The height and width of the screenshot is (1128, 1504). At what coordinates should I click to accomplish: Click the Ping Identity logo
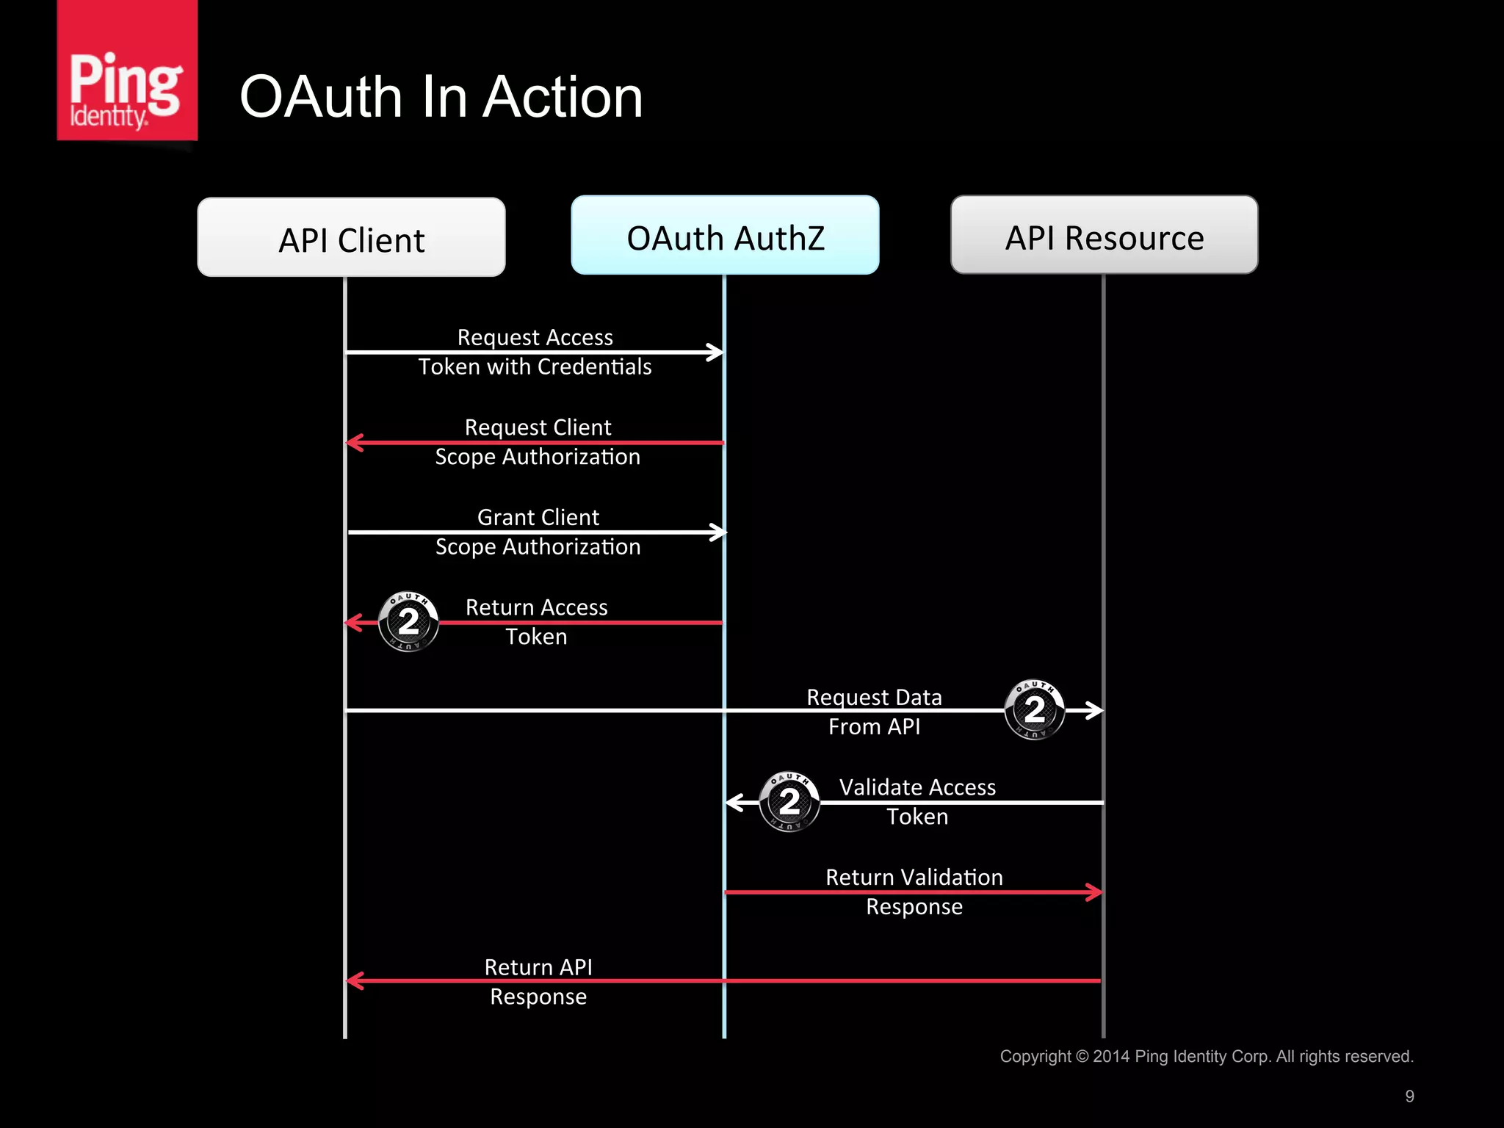(x=126, y=70)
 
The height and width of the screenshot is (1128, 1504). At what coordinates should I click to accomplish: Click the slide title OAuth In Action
(x=441, y=97)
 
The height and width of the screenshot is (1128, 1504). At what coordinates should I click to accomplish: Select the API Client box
(x=351, y=238)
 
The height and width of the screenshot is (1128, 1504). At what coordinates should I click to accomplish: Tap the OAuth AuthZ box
(x=725, y=236)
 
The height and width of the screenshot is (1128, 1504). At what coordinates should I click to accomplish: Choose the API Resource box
(x=1104, y=236)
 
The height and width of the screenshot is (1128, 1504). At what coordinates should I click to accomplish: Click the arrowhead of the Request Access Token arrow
(x=716, y=352)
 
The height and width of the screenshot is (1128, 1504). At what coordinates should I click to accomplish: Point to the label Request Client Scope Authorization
(x=538, y=442)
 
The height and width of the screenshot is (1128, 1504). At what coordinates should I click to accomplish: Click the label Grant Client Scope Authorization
(x=538, y=532)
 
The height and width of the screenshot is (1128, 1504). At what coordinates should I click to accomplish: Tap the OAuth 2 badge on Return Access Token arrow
(x=408, y=622)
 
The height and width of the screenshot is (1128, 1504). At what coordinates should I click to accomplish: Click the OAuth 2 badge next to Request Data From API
(x=1034, y=709)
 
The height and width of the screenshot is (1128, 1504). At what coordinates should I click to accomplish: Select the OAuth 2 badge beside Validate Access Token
(x=789, y=801)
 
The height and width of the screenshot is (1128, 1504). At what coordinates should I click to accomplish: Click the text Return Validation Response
(x=914, y=892)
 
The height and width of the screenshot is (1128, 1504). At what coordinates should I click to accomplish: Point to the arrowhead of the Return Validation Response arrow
(x=1095, y=892)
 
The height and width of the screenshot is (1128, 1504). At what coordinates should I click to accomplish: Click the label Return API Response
(x=538, y=982)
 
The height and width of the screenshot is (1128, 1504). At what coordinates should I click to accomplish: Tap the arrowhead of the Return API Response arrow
(x=354, y=981)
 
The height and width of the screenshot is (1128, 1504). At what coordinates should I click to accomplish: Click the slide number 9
(x=1409, y=1096)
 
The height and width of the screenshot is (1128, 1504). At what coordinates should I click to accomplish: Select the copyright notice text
(x=1206, y=1056)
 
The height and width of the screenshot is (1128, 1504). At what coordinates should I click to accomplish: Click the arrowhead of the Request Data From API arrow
(x=1095, y=710)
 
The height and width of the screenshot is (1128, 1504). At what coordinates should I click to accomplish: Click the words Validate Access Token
(x=917, y=801)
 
